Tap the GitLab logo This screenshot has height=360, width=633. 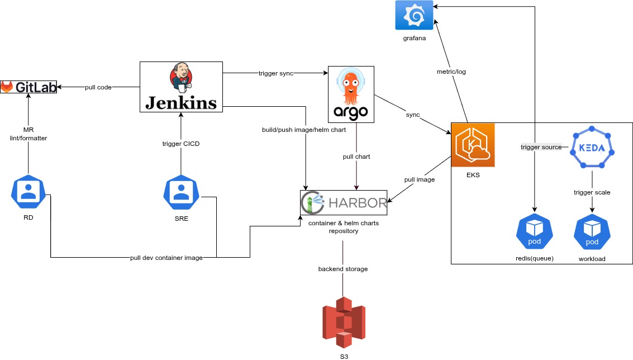click(28, 87)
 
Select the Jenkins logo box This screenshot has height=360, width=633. click(180, 86)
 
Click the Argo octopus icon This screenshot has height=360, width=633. click(351, 94)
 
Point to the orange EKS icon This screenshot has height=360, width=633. click(473, 145)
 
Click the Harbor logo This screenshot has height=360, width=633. click(344, 202)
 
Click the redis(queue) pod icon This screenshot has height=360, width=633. click(535, 230)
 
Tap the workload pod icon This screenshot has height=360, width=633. click(592, 230)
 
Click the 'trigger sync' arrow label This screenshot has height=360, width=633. click(276, 73)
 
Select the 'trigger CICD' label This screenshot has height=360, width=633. click(181, 144)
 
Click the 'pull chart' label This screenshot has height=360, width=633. click(356, 157)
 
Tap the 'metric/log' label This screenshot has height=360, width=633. click(451, 72)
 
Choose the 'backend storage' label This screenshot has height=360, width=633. click(343, 269)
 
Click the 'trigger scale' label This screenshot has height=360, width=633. click(592, 192)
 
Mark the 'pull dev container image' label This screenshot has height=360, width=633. click(166, 258)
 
